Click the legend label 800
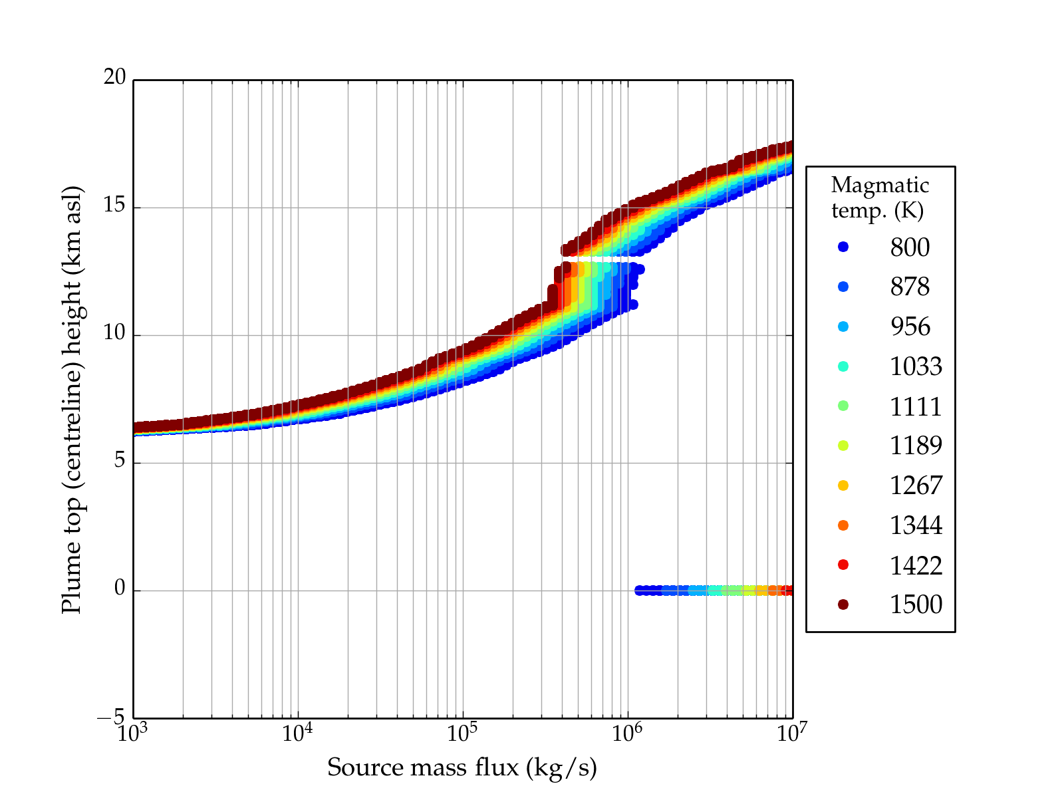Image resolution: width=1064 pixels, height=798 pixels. [910, 247]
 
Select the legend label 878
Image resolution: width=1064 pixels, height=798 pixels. [910, 287]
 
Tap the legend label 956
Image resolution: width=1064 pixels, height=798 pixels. [910, 327]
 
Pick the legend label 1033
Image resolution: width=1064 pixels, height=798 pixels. [916, 366]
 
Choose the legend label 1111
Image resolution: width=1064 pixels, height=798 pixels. [916, 406]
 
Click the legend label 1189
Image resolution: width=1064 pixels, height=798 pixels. [916, 446]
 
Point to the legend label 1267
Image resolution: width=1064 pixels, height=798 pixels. [916, 485]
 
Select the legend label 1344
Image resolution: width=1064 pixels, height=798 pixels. [916, 525]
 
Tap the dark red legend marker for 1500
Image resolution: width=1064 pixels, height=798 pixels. [843, 604]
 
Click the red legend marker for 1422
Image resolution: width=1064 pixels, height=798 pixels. [843, 565]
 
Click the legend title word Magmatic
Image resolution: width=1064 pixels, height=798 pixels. [880, 185]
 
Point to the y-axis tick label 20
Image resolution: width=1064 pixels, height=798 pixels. [114, 78]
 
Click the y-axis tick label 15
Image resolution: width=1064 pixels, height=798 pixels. [114, 205]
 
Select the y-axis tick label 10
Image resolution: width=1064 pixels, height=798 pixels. [114, 333]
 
